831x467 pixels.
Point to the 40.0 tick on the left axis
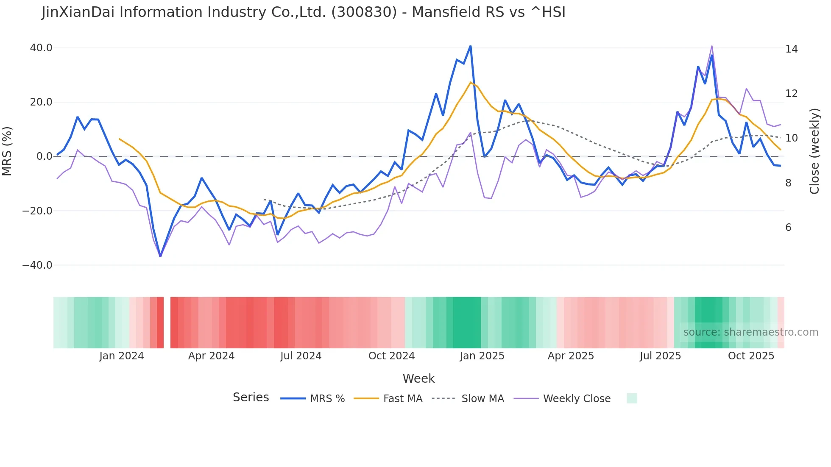coord(41,48)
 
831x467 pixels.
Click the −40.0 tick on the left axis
coord(37,265)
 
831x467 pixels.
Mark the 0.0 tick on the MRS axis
coord(45,156)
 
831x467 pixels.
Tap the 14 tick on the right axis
coord(791,49)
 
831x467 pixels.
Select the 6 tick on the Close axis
coord(788,228)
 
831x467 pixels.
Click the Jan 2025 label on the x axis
coord(482,356)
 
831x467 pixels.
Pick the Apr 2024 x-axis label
coord(211,356)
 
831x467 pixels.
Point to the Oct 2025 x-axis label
coord(751,356)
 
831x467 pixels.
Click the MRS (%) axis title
coord(7,151)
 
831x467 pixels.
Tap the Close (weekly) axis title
coord(814,151)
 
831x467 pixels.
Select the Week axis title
coord(418,378)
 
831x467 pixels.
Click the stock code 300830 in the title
coord(364,12)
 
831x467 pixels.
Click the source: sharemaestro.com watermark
coord(750,332)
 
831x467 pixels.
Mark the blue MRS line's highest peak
coord(471,46)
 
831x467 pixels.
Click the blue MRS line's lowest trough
coord(160,256)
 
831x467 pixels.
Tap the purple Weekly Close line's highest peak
coord(712,46)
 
